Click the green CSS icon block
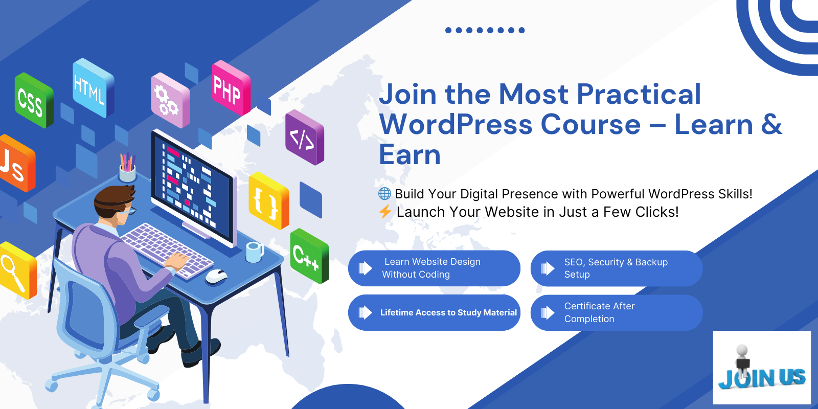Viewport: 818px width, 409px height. tap(34, 100)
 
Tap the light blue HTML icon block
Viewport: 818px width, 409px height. tap(94, 88)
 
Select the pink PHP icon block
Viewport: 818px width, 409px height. tap(231, 88)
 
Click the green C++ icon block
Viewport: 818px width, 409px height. tap(310, 256)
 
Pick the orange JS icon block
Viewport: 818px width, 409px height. tap(16, 163)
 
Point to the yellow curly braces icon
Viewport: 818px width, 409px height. tap(269, 200)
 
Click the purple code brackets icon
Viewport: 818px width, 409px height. tap(305, 138)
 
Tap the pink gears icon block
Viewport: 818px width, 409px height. tap(171, 100)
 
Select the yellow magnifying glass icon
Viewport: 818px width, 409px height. tap(17, 270)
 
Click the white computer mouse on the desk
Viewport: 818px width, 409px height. tap(216, 276)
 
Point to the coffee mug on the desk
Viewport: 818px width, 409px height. tap(255, 252)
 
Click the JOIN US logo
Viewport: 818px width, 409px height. tap(762, 368)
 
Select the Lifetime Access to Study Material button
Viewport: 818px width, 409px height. tap(434, 312)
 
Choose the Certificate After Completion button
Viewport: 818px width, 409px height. tap(617, 312)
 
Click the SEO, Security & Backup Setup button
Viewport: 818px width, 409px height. tap(617, 268)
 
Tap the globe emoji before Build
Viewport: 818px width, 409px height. tap(384, 194)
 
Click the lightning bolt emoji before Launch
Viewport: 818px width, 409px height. tap(385, 212)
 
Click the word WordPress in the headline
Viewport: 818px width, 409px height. tap(456, 125)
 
